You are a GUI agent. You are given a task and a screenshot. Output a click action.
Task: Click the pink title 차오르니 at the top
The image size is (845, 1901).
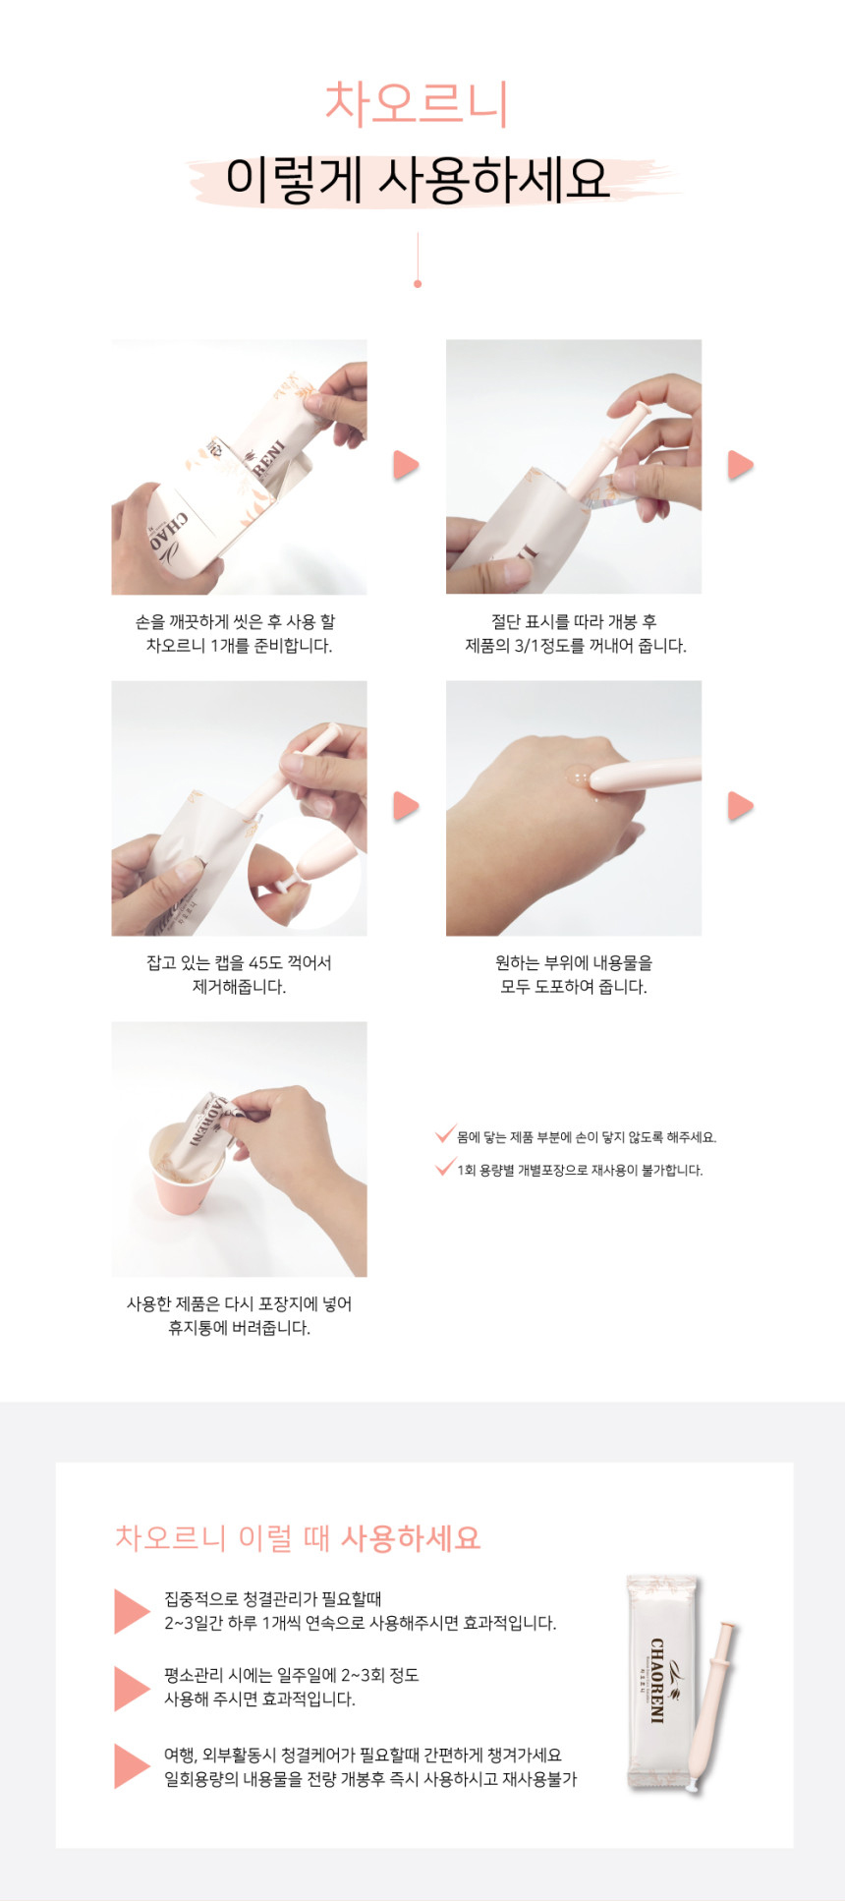[x=417, y=103]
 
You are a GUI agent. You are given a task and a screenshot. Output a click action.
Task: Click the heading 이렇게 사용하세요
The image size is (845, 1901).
[x=418, y=180]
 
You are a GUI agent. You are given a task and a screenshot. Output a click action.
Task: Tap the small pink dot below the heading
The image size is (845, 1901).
[x=418, y=283]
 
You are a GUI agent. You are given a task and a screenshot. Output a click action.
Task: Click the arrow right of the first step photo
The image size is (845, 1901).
[x=406, y=465]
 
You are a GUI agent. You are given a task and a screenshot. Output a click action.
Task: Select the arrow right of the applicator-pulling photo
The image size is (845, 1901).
[x=740, y=465]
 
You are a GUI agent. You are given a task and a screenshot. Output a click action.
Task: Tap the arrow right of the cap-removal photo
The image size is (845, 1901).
[x=406, y=806]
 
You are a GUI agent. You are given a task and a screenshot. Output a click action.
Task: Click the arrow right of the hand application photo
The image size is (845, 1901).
[x=740, y=806]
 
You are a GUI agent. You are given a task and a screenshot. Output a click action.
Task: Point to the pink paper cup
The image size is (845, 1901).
[x=185, y=1170]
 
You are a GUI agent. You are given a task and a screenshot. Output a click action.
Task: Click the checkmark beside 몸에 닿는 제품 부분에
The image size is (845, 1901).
[x=445, y=1135]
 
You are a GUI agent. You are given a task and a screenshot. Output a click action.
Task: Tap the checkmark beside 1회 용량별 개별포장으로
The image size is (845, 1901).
[x=445, y=1168]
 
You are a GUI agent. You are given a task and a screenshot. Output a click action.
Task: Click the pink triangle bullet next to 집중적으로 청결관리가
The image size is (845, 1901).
[x=131, y=1611]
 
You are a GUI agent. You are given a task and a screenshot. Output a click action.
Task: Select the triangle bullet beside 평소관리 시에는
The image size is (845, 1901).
[x=131, y=1689]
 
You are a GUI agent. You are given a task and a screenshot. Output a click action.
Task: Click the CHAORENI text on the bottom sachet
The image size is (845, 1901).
[x=656, y=1680]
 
